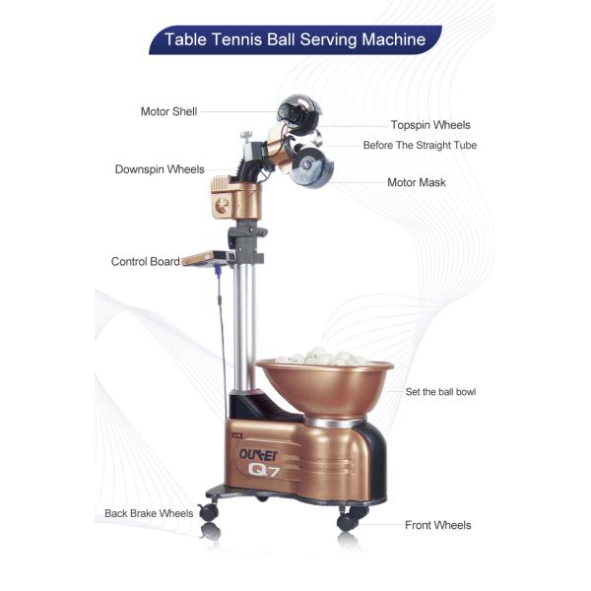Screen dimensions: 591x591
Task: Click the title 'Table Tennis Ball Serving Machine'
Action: (295, 40)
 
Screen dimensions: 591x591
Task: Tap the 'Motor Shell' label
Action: (168, 111)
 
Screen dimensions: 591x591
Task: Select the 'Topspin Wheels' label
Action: (429, 125)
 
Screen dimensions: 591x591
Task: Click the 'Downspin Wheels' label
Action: (160, 169)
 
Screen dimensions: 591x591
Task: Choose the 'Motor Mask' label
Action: (416, 182)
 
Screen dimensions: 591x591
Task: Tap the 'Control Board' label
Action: (145, 262)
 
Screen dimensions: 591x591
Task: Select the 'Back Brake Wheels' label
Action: (149, 513)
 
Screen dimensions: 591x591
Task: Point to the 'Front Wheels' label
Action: (437, 525)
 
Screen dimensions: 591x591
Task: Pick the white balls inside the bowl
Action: (324, 357)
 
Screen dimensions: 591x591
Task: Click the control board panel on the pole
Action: (206, 257)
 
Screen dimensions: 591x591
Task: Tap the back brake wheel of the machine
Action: (209, 512)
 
